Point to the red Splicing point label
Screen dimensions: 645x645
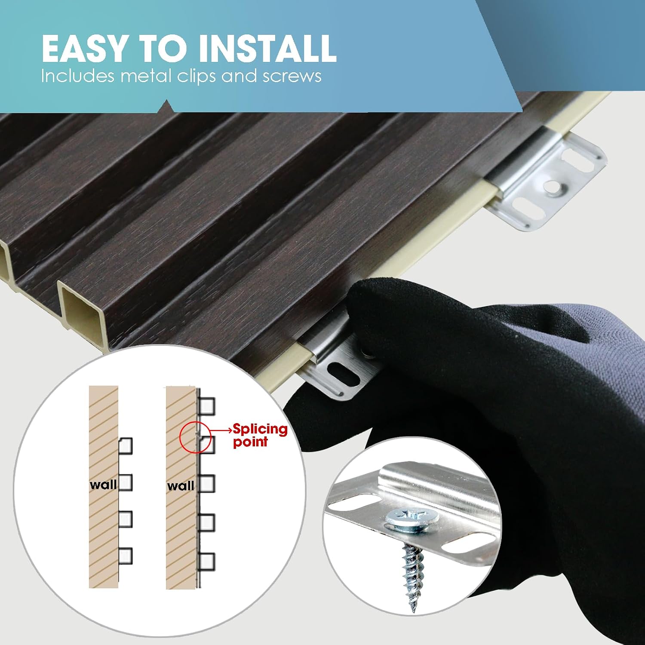pyautogui.click(x=260, y=435)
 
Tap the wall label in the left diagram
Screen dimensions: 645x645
pyautogui.click(x=103, y=485)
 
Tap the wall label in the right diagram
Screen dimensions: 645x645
pyautogui.click(x=181, y=486)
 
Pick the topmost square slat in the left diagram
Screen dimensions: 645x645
pyautogui.click(x=125, y=446)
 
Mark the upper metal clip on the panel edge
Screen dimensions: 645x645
pyautogui.click(x=546, y=180)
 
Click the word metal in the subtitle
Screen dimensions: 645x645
pyautogui.click(x=146, y=76)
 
